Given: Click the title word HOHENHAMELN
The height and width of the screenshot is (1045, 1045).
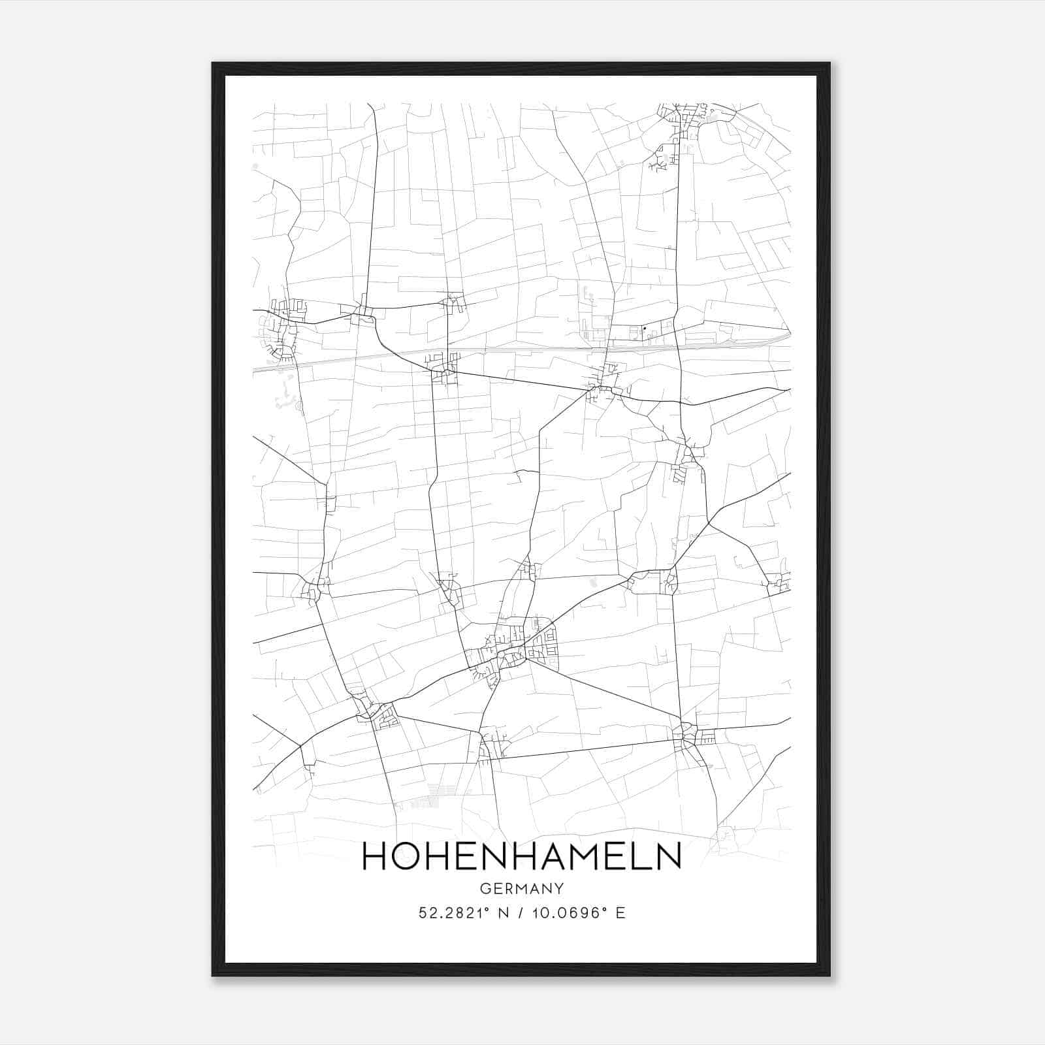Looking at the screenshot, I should tap(521, 856).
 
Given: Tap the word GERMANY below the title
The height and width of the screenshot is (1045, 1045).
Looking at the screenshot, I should tap(521, 889).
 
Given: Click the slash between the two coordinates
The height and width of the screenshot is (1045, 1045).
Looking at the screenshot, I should tap(519, 913).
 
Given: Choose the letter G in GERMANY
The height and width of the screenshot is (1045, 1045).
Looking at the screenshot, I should tap(484, 889).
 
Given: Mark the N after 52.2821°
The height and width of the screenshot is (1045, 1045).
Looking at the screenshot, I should tap(503, 913).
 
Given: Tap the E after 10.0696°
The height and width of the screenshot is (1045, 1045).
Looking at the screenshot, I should tap(620, 913).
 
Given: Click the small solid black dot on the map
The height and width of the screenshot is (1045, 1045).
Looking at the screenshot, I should tap(645, 329).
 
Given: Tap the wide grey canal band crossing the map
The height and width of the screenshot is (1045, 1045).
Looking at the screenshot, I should tap(522, 351).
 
